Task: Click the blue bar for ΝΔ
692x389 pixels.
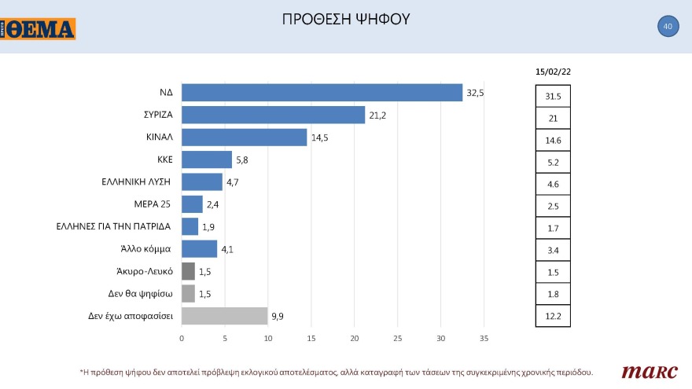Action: [x=322, y=93]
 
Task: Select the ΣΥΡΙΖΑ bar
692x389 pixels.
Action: [x=273, y=115]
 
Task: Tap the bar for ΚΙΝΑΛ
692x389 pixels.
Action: [x=244, y=138]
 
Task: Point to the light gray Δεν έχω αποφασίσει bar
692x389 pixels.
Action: [x=224, y=316]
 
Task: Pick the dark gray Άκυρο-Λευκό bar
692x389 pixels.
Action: [x=188, y=272]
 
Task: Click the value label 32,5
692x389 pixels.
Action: [x=475, y=93]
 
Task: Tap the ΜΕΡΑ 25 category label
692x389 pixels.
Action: [x=152, y=204]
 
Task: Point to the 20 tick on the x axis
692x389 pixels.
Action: [x=354, y=339]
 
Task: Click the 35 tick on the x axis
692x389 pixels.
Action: [x=484, y=339]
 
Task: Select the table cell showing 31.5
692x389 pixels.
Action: [x=553, y=97]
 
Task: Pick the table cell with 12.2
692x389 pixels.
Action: [x=553, y=316]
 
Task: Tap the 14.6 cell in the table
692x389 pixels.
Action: [x=553, y=141]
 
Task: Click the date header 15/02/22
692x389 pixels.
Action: [x=553, y=72]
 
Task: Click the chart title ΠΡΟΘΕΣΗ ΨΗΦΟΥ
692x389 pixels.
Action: [x=346, y=19]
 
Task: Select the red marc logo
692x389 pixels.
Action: [x=642, y=371]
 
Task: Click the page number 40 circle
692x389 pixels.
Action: [x=668, y=27]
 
